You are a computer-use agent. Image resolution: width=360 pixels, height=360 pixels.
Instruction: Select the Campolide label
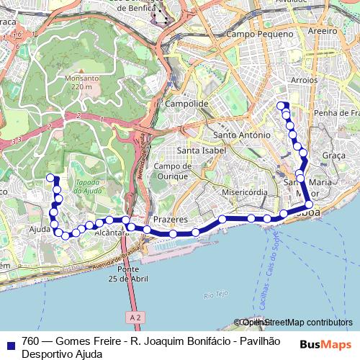(x=186, y=104)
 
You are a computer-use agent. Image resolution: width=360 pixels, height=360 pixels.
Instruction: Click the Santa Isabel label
(x=202, y=150)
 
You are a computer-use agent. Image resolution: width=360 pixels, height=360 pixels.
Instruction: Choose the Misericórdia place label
(x=244, y=193)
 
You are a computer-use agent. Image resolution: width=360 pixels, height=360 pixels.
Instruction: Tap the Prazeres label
(x=171, y=219)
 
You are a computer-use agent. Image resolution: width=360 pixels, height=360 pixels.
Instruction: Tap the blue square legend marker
(x=8, y=344)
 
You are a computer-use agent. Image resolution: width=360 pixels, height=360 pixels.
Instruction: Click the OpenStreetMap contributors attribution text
(x=295, y=323)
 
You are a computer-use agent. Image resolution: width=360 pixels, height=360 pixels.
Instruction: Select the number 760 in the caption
(x=30, y=341)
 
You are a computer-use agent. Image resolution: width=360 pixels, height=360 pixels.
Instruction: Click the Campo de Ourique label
(x=171, y=171)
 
